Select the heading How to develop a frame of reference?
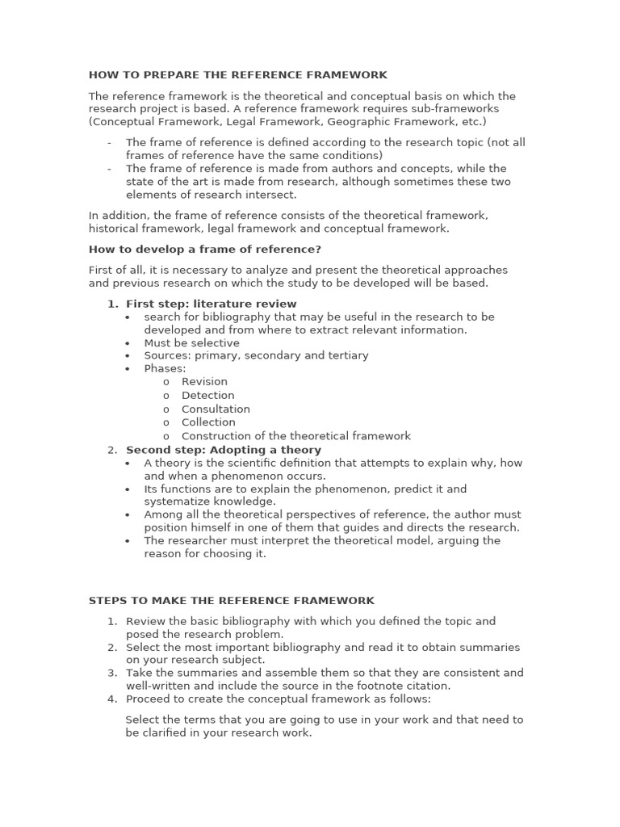click(x=205, y=250)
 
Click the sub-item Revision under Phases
click(x=204, y=382)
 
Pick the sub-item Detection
click(x=207, y=396)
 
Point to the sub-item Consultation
click(x=216, y=409)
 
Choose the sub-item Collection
click(x=208, y=422)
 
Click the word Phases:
click(x=165, y=368)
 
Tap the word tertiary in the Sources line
click(x=344, y=355)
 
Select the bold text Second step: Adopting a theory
click(x=224, y=450)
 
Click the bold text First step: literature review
click(x=212, y=304)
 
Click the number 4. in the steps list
click(x=112, y=699)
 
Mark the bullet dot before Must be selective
click(x=128, y=343)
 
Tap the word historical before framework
click(x=113, y=229)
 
